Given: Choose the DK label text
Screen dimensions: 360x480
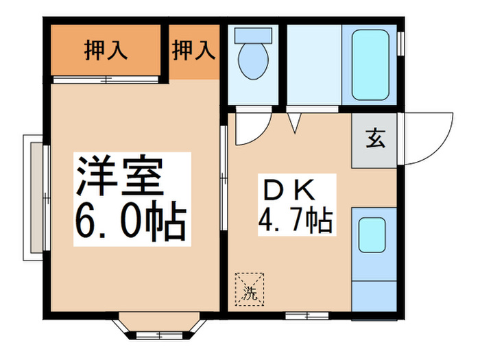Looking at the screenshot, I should click(x=286, y=189).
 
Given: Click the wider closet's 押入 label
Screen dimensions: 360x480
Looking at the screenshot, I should click(x=104, y=51).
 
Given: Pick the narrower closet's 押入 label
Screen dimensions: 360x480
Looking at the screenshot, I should click(x=193, y=51).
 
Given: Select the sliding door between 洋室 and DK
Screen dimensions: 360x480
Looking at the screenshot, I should click(x=224, y=178).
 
